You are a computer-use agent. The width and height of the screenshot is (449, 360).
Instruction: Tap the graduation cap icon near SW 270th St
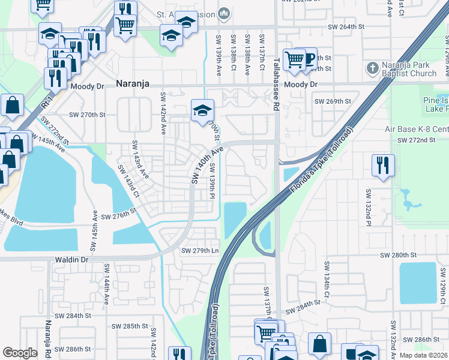click(x=202, y=110)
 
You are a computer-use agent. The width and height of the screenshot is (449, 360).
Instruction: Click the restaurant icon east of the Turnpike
click(x=382, y=164)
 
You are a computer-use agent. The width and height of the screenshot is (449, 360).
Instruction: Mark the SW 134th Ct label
click(x=327, y=279)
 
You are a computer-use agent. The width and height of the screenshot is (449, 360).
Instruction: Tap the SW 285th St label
click(x=132, y=326)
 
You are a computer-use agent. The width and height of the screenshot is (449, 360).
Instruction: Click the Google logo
click(x=20, y=352)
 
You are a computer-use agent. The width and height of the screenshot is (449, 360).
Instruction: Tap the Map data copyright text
click(x=423, y=355)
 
